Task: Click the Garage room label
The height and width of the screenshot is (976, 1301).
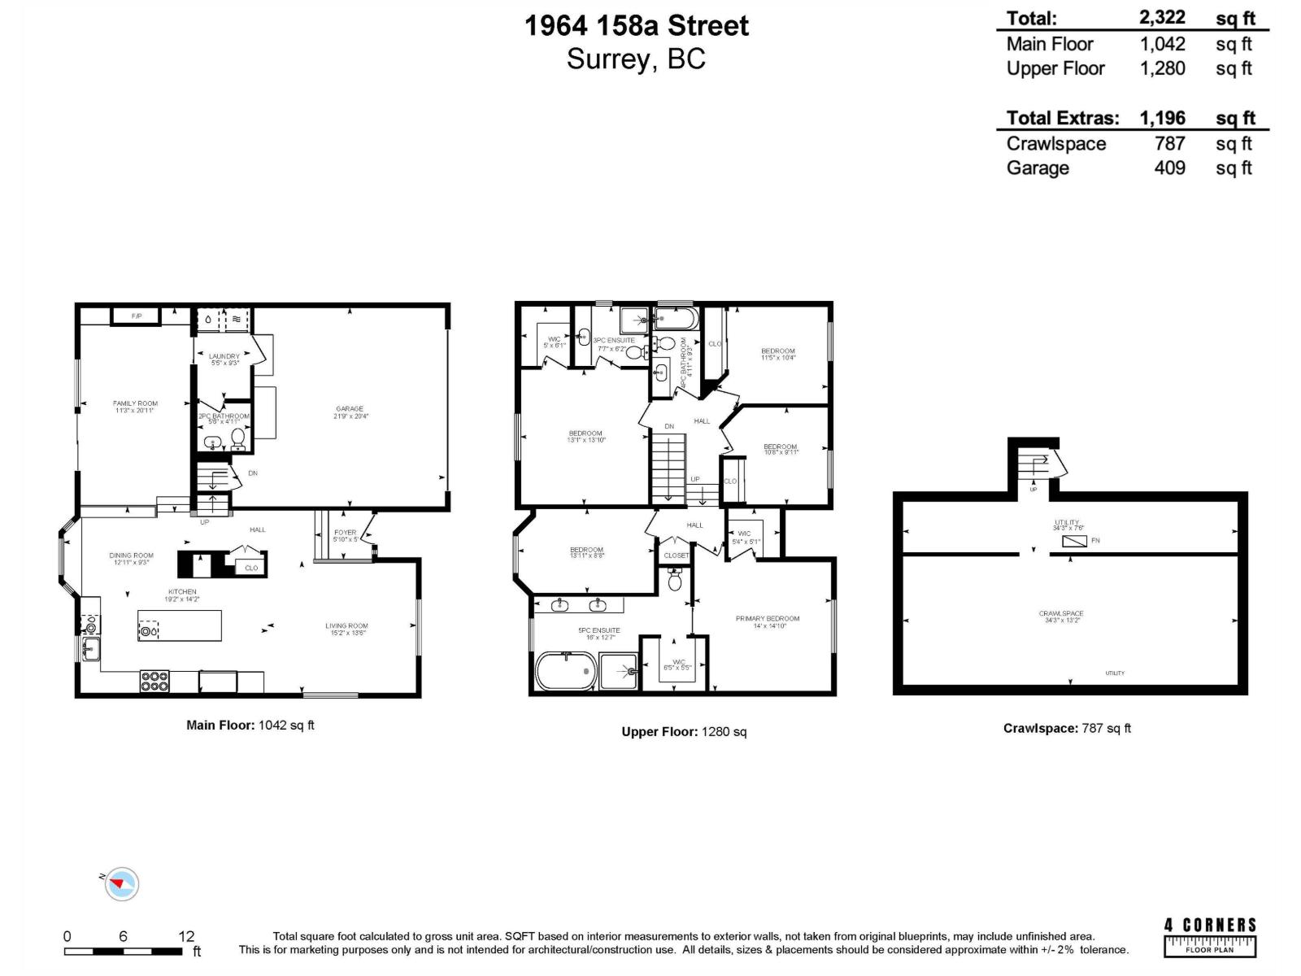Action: [x=350, y=412]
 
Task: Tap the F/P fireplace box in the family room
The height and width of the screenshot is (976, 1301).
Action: [x=136, y=316]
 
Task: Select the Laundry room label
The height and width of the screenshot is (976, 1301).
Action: [x=224, y=359]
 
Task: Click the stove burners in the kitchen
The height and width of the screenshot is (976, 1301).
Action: [x=154, y=681]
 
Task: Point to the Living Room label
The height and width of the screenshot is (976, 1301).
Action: [x=346, y=629]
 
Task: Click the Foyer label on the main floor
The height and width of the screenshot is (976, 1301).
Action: [x=345, y=535]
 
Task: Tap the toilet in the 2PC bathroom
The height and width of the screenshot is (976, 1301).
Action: [x=238, y=438]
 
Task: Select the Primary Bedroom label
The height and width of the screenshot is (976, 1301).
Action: [x=768, y=621]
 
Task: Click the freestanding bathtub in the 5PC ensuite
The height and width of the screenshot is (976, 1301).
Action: [x=565, y=672]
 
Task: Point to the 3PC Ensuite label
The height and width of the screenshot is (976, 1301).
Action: [x=614, y=344]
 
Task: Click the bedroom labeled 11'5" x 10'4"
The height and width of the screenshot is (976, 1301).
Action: [x=778, y=354]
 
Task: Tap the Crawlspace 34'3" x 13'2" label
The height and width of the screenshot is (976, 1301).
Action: [x=1061, y=617]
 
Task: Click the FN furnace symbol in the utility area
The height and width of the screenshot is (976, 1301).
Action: [x=1075, y=541]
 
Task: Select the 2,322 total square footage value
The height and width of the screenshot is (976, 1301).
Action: [x=1162, y=17]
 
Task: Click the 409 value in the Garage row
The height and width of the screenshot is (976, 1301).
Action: [x=1169, y=168]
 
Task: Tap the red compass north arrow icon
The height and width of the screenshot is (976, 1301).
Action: [x=122, y=883]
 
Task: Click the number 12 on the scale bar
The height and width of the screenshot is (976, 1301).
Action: [x=186, y=936]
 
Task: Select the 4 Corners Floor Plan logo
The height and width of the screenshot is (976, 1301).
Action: [x=1210, y=936]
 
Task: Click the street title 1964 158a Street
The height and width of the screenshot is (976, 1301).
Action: [x=636, y=26]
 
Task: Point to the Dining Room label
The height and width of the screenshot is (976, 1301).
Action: [x=131, y=559]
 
